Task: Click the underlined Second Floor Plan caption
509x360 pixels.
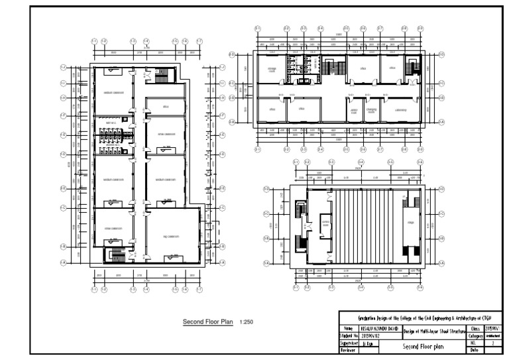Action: coord(208,323)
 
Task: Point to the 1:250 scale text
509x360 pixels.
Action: coord(247,323)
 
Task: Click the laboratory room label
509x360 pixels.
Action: coord(400,110)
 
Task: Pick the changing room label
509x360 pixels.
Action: coord(371,111)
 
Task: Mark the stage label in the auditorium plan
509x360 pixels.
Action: coord(410,222)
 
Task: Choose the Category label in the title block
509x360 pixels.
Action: coord(475,336)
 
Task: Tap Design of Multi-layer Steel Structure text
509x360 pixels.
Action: coord(432,332)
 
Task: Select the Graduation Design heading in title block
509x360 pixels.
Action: coord(422,318)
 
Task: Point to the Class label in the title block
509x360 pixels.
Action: coord(475,328)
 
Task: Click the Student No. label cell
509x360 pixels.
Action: coord(349,336)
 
